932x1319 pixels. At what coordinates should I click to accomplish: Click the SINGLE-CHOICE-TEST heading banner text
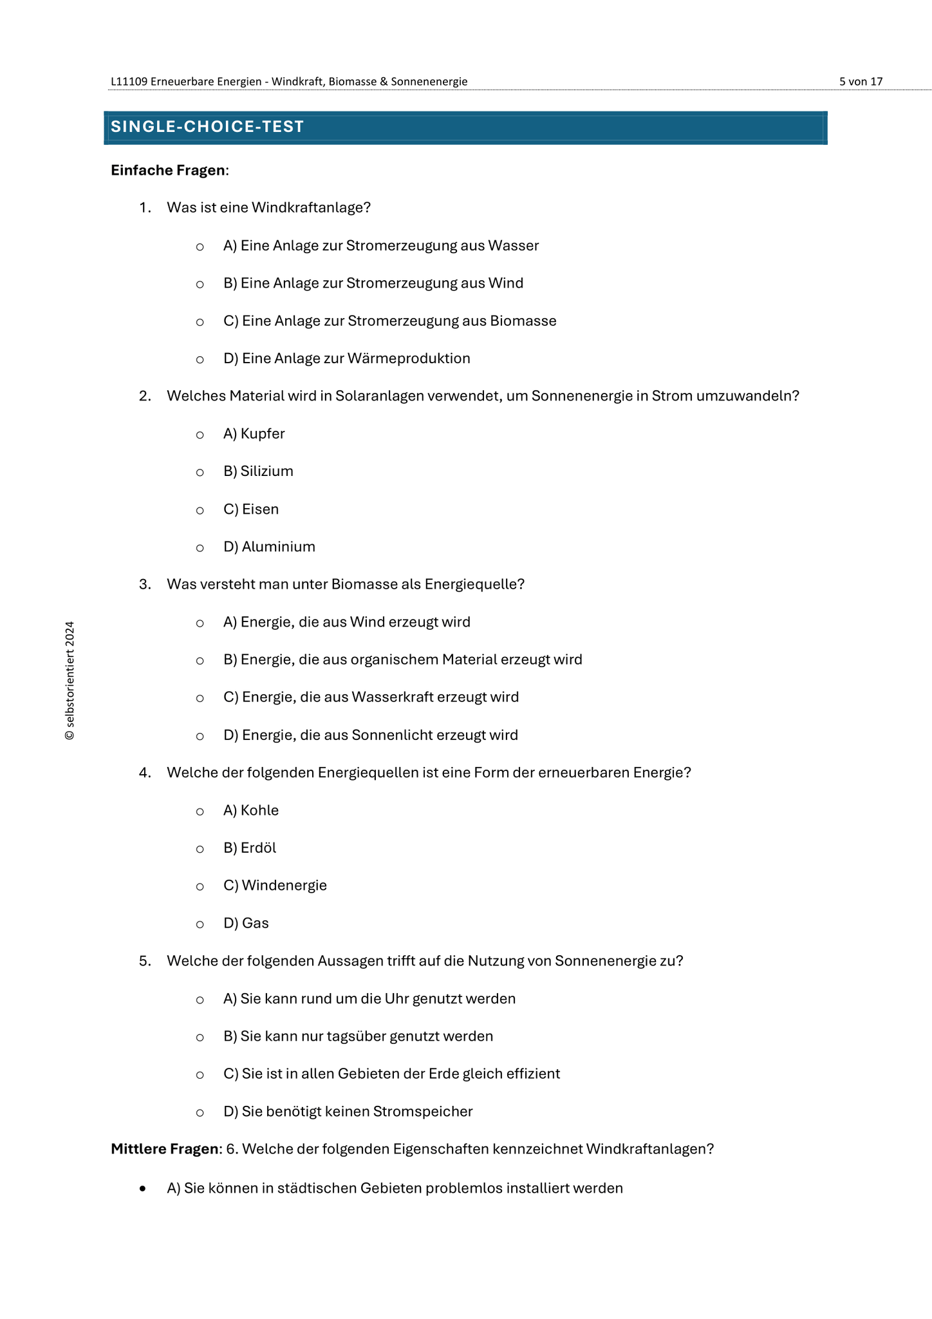point(207,127)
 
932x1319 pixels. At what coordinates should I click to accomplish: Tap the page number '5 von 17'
point(861,82)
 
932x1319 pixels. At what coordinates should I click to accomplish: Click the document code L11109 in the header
point(129,82)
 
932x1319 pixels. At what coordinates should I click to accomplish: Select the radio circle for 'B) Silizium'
point(200,473)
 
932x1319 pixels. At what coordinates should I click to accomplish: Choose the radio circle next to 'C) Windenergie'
point(200,887)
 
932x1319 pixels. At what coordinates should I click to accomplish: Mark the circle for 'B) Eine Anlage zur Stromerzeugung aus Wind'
point(200,285)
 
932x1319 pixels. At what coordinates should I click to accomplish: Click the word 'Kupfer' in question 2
point(263,434)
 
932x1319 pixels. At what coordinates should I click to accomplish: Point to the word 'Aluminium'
point(279,547)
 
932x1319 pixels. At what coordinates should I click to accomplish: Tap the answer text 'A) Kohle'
point(251,811)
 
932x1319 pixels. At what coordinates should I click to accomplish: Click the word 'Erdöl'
point(259,848)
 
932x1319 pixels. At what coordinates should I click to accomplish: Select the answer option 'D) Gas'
point(246,924)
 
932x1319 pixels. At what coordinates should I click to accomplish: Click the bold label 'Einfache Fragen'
point(168,170)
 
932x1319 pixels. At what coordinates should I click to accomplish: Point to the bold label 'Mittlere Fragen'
point(165,1149)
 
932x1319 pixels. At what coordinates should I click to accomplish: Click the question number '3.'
point(145,585)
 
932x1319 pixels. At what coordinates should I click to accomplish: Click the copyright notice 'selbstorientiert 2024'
point(70,681)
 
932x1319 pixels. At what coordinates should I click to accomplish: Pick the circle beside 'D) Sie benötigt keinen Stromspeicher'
point(200,1113)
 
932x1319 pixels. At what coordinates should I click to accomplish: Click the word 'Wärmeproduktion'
point(409,359)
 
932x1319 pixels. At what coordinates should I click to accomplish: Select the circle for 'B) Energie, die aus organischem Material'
point(200,661)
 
